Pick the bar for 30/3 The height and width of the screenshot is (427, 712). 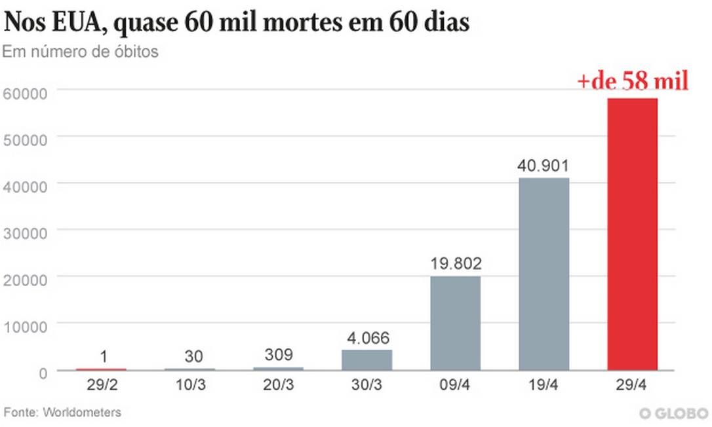(366, 360)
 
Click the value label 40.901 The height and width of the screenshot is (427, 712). (544, 165)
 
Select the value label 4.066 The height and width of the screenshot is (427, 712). (366, 339)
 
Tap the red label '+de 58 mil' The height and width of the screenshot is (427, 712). (632, 82)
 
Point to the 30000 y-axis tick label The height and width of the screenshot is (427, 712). (25, 232)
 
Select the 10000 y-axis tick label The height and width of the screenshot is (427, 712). (25, 326)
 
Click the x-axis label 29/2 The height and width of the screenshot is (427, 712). (100, 385)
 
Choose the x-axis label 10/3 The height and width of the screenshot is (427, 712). (189, 385)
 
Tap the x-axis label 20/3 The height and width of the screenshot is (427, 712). (278, 385)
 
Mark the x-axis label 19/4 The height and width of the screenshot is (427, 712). (544, 385)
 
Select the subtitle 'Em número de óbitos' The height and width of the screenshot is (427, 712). (80, 52)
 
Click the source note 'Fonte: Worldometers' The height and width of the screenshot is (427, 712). (62, 413)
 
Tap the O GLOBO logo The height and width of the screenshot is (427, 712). (673, 413)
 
